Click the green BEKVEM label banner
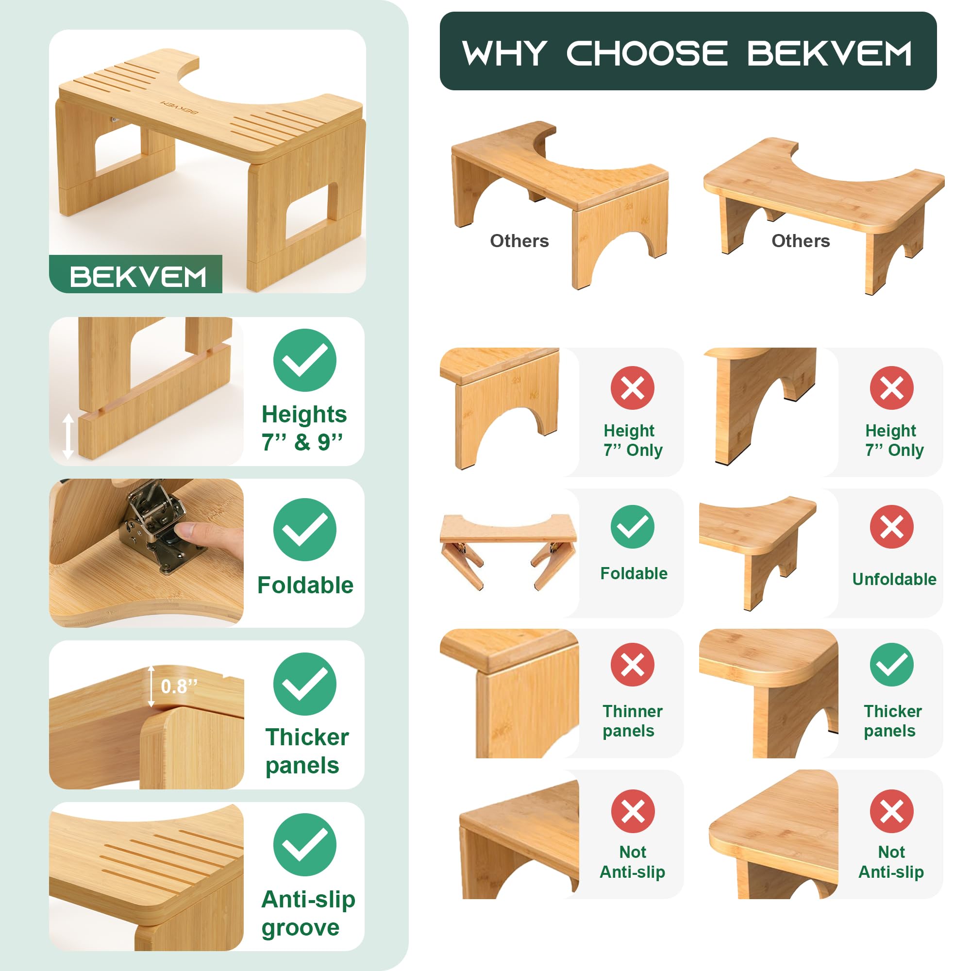pyautogui.click(x=136, y=274)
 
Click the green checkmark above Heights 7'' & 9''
pyautogui.click(x=304, y=360)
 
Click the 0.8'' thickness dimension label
pyautogui.click(x=179, y=686)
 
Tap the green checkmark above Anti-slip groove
pyautogui.click(x=304, y=845)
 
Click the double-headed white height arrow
pyautogui.click(x=68, y=436)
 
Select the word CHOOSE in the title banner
pyautogui.click(x=647, y=53)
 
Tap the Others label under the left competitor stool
pyautogui.click(x=519, y=241)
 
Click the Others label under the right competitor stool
pyautogui.click(x=801, y=241)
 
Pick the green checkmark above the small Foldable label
pyautogui.click(x=632, y=527)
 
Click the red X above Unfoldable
pyautogui.click(x=891, y=527)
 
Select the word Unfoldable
pyautogui.click(x=894, y=579)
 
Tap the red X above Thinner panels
pyautogui.click(x=632, y=665)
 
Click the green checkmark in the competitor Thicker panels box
pyautogui.click(x=891, y=665)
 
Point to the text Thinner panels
pyautogui.click(x=632, y=720)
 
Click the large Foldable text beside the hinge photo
pyautogui.click(x=305, y=585)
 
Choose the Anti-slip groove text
pyautogui.click(x=308, y=914)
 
